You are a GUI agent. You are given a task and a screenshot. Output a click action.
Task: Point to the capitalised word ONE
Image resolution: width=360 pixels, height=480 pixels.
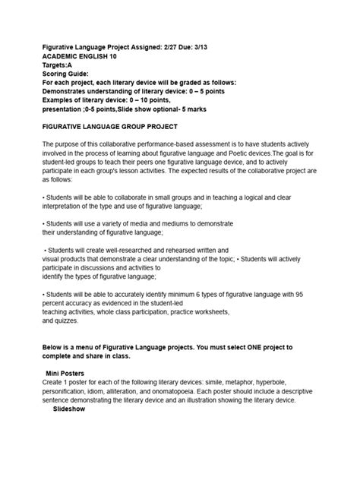245,346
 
